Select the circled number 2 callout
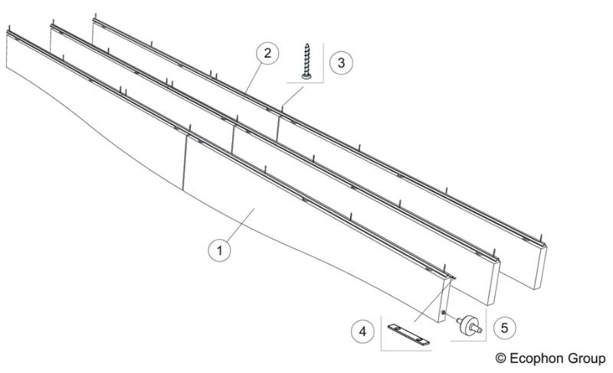(266, 54)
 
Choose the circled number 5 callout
(504, 326)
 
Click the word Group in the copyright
(588, 358)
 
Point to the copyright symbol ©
(501, 358)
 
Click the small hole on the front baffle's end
(443, 313)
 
